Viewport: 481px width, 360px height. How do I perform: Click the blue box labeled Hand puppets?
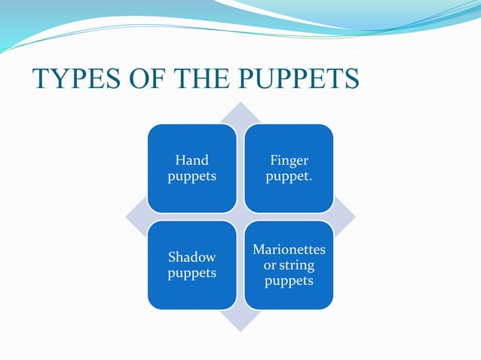tap(191, 168)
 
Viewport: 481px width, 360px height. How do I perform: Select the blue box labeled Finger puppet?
tap(289, 168)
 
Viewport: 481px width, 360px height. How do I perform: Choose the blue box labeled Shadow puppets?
tap(191, 265)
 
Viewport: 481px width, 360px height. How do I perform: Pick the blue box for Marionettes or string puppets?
tap(289, 265)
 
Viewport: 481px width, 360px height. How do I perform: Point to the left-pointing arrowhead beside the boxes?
tap(136, 217)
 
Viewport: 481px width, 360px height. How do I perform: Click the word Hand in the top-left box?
tap(191, 160)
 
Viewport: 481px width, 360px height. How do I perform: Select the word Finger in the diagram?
tap(289, 160)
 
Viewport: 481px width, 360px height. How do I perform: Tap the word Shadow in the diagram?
tap(191, 258)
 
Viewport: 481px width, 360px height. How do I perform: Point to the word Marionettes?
tap(289, 249)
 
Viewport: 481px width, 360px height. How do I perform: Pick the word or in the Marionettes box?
tap(269, 265)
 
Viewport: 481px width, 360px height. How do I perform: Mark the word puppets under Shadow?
tap(191, 273)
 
